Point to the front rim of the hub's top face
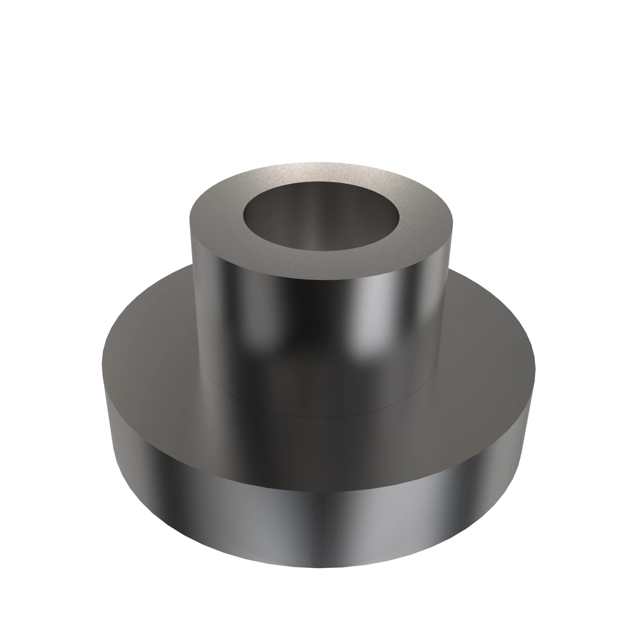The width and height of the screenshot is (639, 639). point(319,278)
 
